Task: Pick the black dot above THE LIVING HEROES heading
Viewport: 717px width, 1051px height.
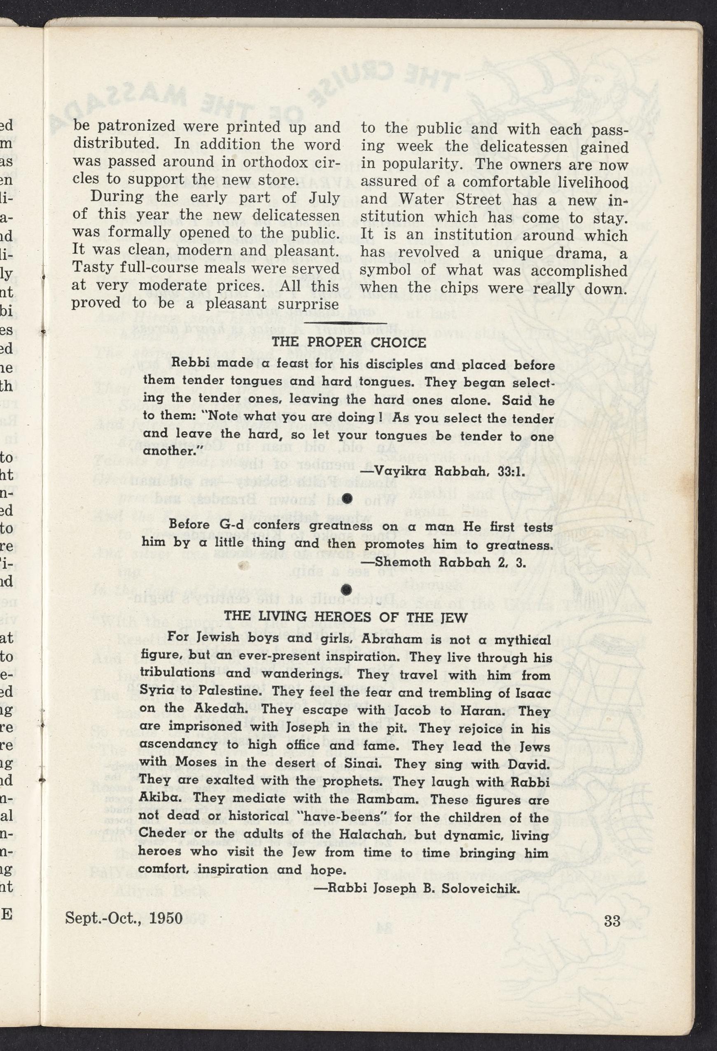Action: (x=346, y=589)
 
